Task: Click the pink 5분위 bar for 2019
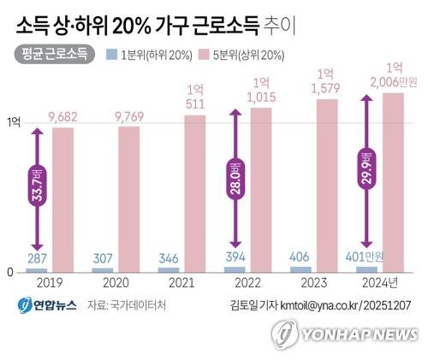pos(62,200)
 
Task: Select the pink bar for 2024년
pos(393,183)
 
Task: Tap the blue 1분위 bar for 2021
pos(169,270)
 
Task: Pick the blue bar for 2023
pos(300,269)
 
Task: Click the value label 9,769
pos(129,117)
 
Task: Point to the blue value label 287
pos(37,258)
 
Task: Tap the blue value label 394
pos(235,257)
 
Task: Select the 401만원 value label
pos(364,257)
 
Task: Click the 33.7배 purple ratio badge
pos(38,186)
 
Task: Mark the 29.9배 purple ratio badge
pos(367,168)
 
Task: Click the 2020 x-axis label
pos(116,283)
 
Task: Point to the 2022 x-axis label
pos(247,283)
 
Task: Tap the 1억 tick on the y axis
pos(14,123)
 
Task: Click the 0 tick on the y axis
pos(10,273)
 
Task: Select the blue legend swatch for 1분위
pos(112,55)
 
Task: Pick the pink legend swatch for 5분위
pos(205,55)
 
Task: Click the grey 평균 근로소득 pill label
pos(54,54)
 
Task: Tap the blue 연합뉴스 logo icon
pos(25,305)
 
